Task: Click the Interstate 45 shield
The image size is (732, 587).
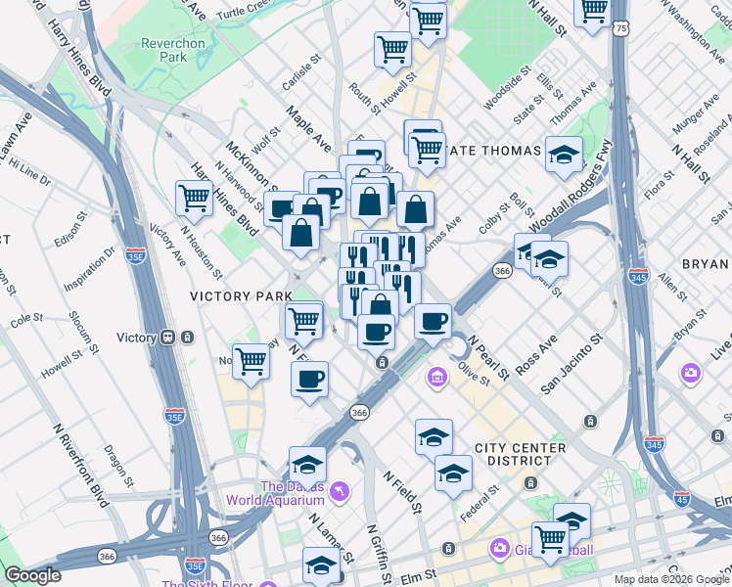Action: [x=681, y=498]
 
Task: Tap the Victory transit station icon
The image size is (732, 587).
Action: [x=167, y=338]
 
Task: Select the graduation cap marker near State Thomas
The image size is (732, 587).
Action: [x=564, y=154]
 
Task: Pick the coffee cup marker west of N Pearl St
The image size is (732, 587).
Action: [x=433, y=321]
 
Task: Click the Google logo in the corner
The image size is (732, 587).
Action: [x=32, y=575]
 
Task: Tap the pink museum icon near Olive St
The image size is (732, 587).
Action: [x=435, y=376]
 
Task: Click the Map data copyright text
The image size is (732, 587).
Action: [x=671, y=579]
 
